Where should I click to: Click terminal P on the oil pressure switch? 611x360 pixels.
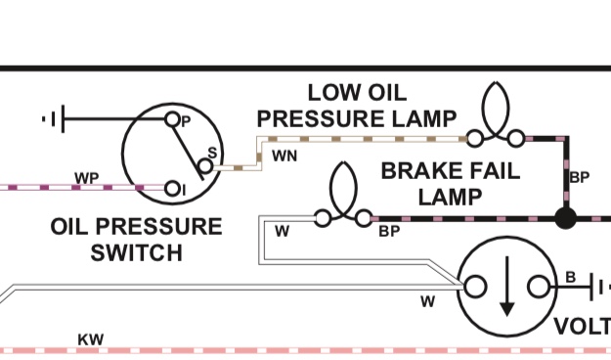point(172,119)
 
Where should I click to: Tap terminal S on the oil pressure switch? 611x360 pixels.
point(205,166)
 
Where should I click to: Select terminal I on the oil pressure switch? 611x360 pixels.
point(172,189)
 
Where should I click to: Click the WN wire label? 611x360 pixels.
point(284,156)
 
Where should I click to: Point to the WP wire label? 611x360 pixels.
point(86,178)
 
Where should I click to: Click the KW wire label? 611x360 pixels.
point(91,339)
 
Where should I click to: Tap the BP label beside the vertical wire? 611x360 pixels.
point(580,177)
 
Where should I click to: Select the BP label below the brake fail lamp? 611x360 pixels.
point(389,231)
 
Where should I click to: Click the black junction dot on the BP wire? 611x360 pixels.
point(565,218)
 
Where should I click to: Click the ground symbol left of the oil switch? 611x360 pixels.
point(54,119)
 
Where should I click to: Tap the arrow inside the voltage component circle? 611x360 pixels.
point(506,287)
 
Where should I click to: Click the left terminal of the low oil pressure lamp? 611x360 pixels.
point(474,139)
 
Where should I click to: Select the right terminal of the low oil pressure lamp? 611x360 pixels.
point(517,139)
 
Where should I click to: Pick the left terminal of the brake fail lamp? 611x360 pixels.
point(323,218)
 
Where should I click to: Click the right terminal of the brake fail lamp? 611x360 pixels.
point(364,218)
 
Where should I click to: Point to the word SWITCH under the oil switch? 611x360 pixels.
point(137,252)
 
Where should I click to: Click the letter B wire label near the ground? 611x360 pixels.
point(571,277)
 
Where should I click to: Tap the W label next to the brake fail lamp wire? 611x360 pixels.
point(283,231)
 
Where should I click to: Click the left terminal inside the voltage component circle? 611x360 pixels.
point(475,287)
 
